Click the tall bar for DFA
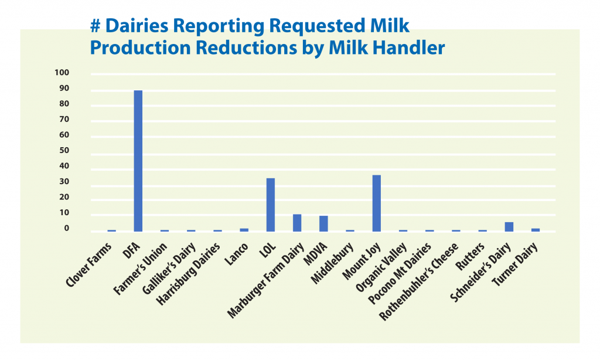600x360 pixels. [x=138, y=161]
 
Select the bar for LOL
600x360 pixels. [x=271, y=205]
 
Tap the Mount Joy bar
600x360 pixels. [x=377, y=203]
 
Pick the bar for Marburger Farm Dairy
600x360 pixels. [x=297, y=223]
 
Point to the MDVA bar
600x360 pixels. [x=323, y=223]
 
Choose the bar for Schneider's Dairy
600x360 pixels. [x=509, y=227]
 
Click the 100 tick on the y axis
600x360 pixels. [x=62, y=72]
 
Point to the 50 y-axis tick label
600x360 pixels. [x=64, y=150]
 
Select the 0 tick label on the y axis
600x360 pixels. [x=67, y=228]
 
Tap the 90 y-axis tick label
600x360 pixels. [x=64, y=88]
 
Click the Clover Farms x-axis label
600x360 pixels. [x=89, y=265]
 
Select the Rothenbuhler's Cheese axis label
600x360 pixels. [x=418, y=281]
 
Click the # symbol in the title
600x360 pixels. [x=95, y=26]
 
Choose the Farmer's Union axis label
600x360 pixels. [x=141, y=269]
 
